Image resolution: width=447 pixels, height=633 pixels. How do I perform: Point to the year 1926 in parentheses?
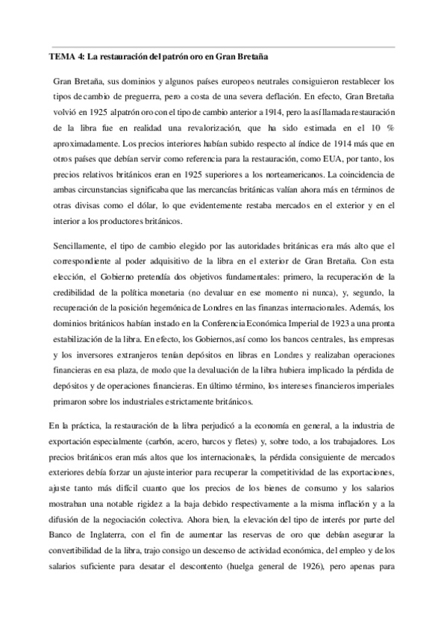(321, 567)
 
